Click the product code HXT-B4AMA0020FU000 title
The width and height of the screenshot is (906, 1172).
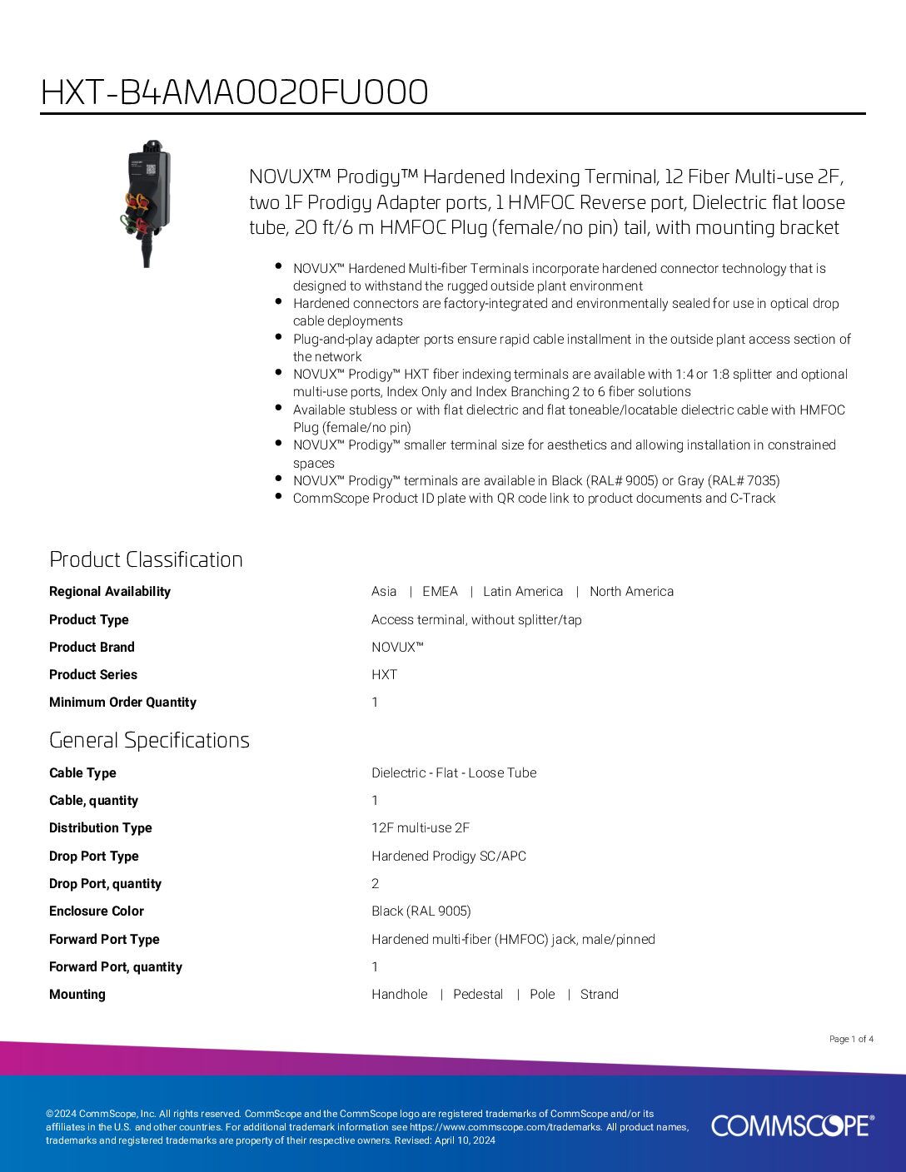pos(234,92)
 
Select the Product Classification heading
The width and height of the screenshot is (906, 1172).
pos(146,559)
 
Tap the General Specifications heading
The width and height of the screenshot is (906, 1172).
pos(149,740)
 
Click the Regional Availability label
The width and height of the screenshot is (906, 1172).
pos(109,591)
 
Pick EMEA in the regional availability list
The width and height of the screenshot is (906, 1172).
pos(440,591)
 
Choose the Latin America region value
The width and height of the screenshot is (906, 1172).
pos(523,591)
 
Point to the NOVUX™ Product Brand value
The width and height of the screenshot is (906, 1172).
pos(397,647)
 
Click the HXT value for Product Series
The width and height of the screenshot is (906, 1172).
pos(384,674)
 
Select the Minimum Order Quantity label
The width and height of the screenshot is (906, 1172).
pos(122,702)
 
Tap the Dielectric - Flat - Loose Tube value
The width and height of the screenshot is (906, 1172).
pos(454,772)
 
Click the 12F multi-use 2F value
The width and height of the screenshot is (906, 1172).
pos(421,827)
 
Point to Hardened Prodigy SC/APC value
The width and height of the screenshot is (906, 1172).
pos(449,856)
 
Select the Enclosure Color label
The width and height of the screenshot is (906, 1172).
pos(96,911)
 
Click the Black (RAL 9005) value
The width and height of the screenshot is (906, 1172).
pos(421,911)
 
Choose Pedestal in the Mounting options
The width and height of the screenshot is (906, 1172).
pos(478,994)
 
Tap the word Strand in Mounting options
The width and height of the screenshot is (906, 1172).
pos(599,994)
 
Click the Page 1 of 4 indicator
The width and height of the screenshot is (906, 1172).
pos(851,1039)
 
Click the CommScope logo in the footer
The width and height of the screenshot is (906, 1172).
pos(792,1125)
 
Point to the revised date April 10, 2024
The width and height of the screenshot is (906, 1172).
pos(465,1140)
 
